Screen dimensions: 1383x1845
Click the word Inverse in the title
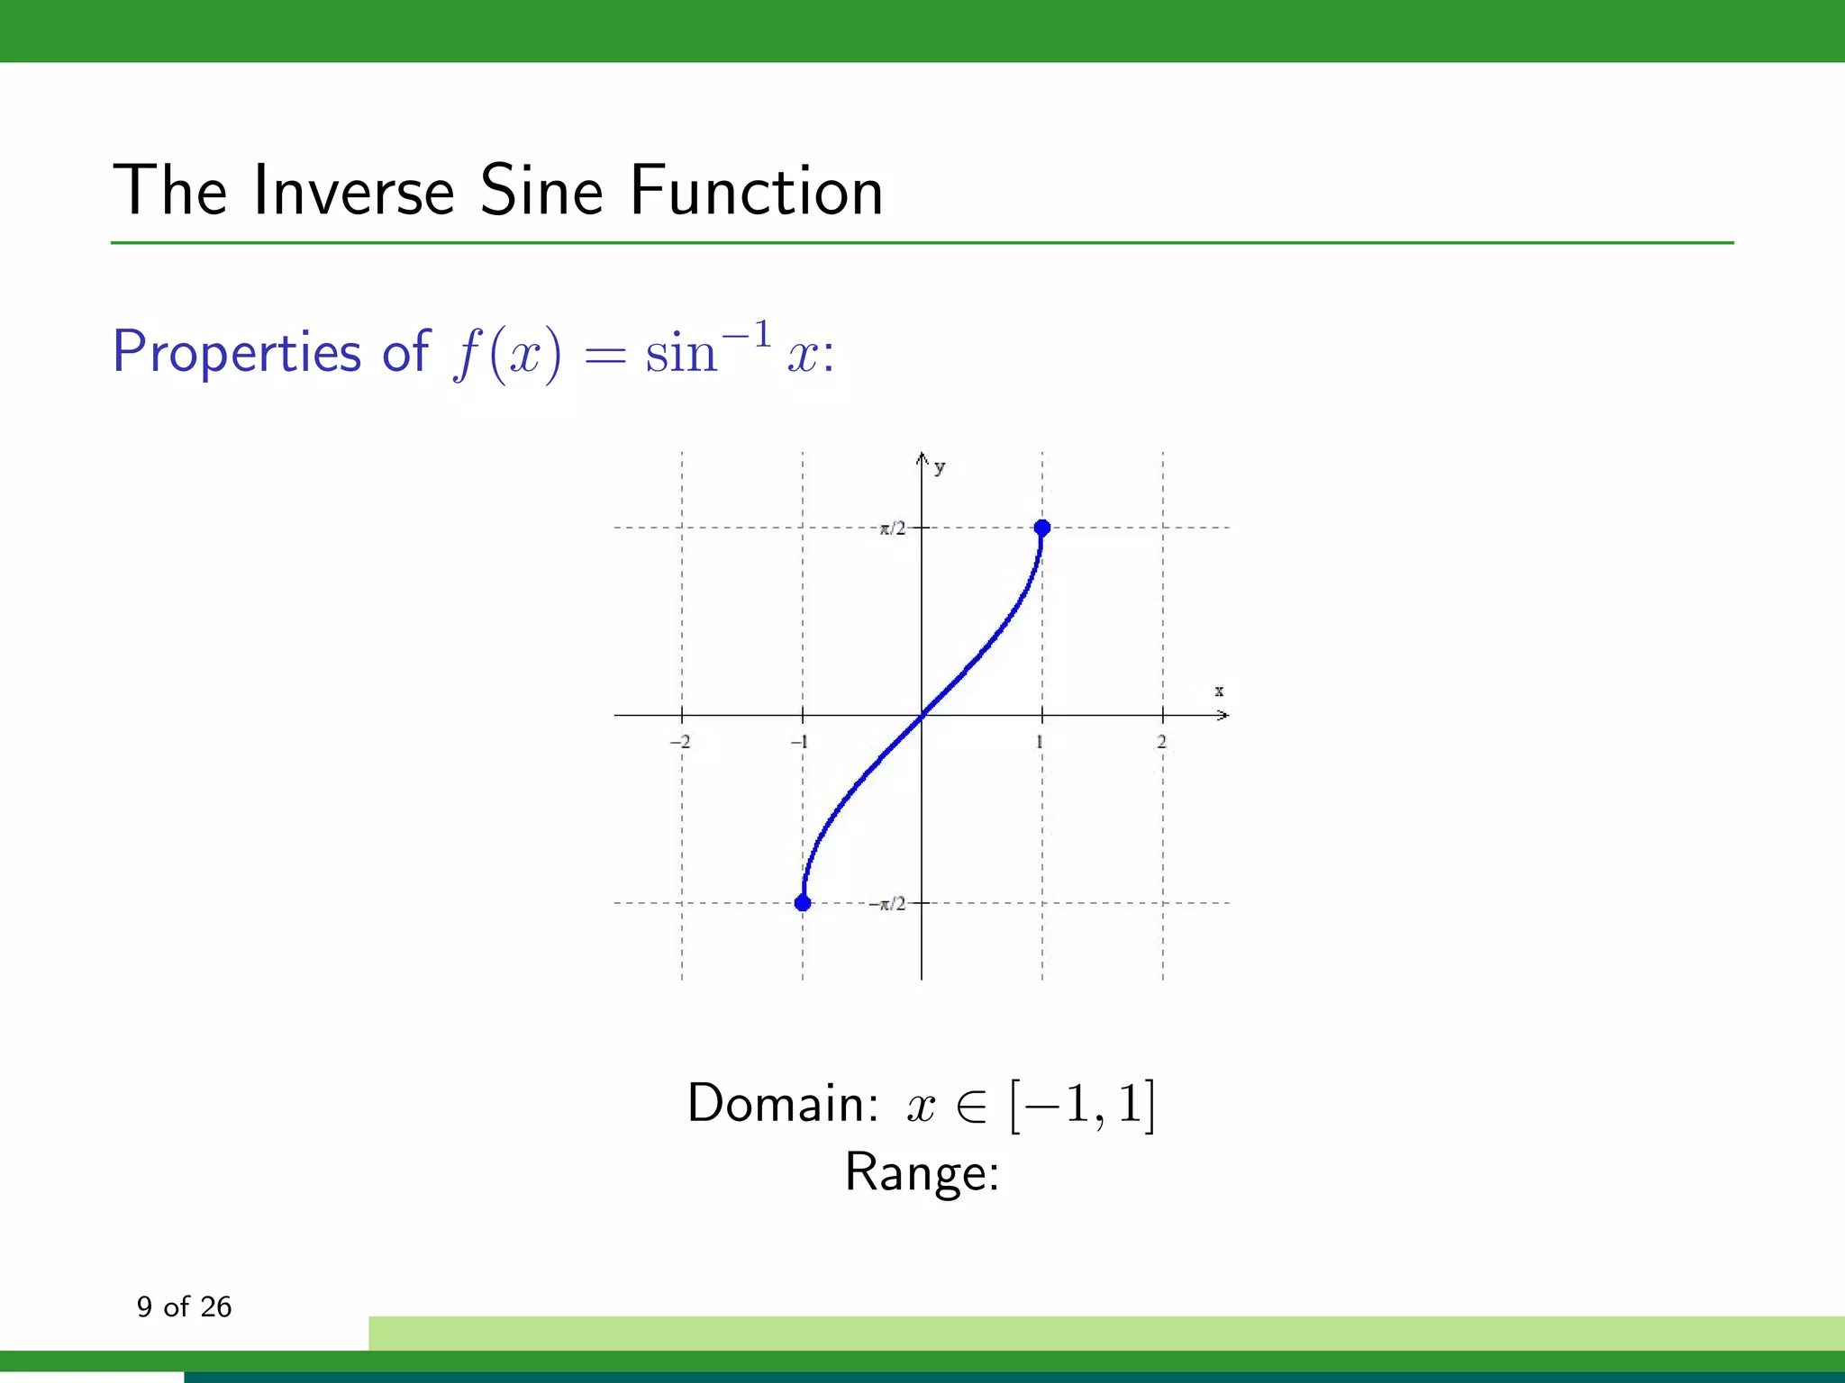[x=353, y=191]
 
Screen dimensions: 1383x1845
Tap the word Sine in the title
[x=541, y=191]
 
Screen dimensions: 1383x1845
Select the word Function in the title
[x=756, y=191]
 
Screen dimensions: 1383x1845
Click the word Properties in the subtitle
[x=237, y=351]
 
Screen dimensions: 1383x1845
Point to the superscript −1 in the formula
[x=747, y=335]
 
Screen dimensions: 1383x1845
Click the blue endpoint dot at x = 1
[x=1042, y=528]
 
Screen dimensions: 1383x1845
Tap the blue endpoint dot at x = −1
[x=803, y=902]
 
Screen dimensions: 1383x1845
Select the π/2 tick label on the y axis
[x=893, y=529]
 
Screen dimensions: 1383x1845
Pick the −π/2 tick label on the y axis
[x=887, y=903]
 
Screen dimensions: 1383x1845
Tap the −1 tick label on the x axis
[x=799, y=742]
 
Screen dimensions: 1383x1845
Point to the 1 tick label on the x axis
[x=1040, y=742]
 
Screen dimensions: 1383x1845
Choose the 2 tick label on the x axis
[x=1161, y=742]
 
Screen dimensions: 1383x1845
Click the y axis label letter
[x=940, y=466]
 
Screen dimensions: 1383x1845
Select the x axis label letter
[x=1219, y=691]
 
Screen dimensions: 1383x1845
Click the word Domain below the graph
[x=782, y=1103]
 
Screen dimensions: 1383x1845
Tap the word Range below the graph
[x=922, y=1172]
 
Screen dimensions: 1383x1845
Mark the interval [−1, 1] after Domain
[x=1082, y=1105]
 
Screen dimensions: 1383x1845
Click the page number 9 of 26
[x=184, y=1306]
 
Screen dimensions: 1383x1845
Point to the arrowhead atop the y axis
[x=922, y=458]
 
